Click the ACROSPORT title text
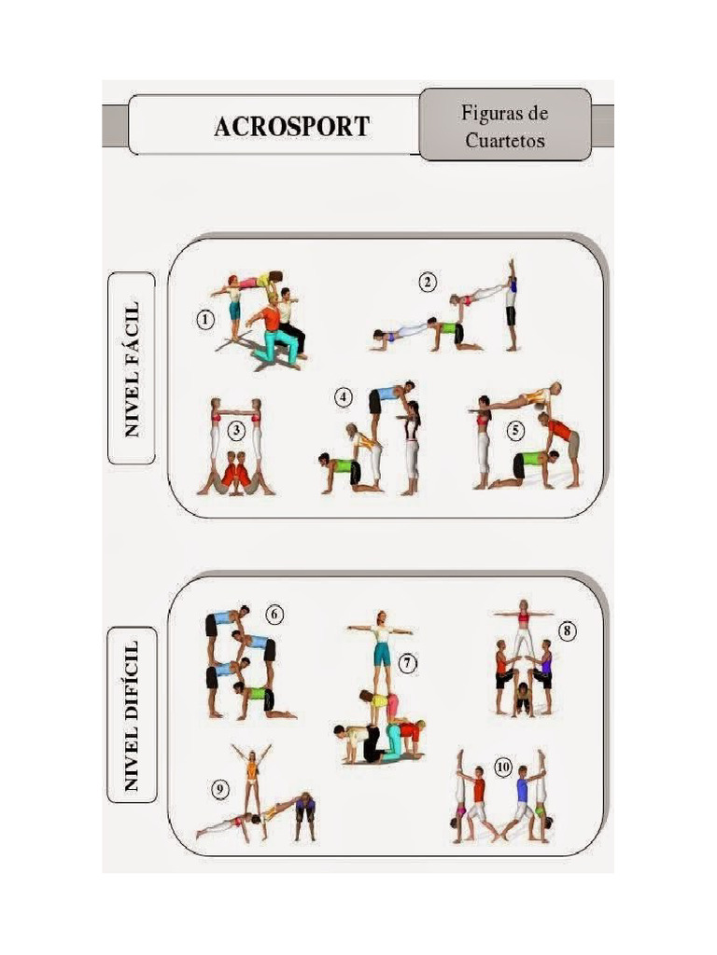(291, 126)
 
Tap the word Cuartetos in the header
(504, 142)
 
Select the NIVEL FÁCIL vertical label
(132, 367)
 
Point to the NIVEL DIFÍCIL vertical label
(132, 714)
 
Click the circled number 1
(204, 320)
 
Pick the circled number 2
(428, 282)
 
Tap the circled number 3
(237, 430)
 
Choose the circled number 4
(344, 397)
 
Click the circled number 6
(274, 616)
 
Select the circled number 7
(407, 663)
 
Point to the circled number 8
(568, 631)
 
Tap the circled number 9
(220, 790)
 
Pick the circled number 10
(503, 768)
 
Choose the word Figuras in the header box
(504, 115)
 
